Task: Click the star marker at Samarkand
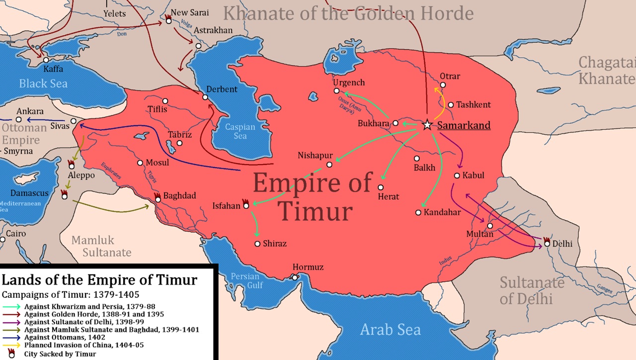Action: click(x=427, y=125)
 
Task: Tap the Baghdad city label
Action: click(x=179, y=195)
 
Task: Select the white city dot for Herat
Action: click(x=381, y=187)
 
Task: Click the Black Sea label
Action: click(x=43, y=83)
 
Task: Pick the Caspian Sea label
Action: click(x=240, y=131)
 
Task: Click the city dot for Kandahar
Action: click(x=418, y=212)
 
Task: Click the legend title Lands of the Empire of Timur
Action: click(x=99, y=280)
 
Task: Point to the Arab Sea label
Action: click(x=390, y=329)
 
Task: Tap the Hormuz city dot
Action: click(x=295, y=277)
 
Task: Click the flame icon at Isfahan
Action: click(x=245, y=203)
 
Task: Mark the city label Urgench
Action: click(x=348, y=83)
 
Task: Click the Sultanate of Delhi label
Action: click(x=532, y=290)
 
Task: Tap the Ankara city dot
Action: click(x=18, y=119)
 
